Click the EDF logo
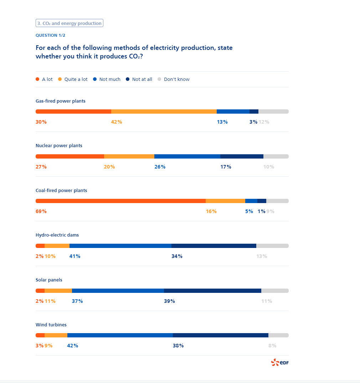[x=280, y=363]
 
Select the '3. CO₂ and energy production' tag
[x=70, y=24]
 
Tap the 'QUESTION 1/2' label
[x=50, y=35]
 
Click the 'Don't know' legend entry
[x=176, y=79]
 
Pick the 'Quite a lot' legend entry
[x=76, y=79]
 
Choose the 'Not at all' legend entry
[x=142, y=79]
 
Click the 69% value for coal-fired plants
[x=41, y=211]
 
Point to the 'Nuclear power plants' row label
[x=59, y=146]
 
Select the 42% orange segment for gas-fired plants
[x=164, y=112]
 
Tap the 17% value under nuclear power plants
[x=226, y=167]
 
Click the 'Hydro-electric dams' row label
[x=57, y=235]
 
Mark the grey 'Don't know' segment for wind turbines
[x=278, y=335]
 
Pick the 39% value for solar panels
[x=169, y=301]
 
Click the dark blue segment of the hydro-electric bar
[x=214, y=246]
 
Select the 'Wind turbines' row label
[x=51, y=325]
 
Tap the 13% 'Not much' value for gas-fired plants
[x=222, y=122]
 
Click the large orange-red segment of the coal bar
[x=120, y=201]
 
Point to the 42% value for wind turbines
[x=72, y=346]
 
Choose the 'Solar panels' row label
[x=49, y=280]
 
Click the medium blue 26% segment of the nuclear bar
[x=187, y=156]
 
